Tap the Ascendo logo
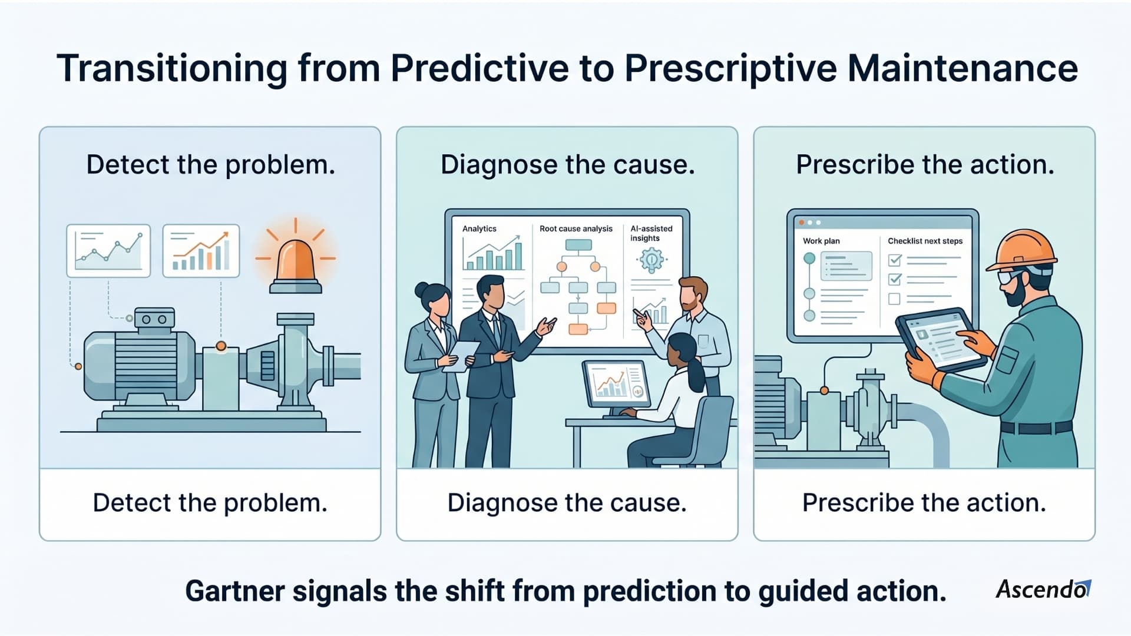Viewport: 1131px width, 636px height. pyautogui.click(x=1043, y=589)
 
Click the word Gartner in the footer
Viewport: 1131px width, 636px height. pyautogui.click(x=234, y=591)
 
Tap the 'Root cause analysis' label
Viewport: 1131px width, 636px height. pyautogui.click(x=576, y=228)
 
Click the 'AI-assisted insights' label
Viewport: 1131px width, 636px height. pyautogui.click(x=651, y=233)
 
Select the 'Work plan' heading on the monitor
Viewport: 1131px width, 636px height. pyautogui.click(x=821, y=241)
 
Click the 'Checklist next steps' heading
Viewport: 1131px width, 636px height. pyautogui.click(x=925, y=241)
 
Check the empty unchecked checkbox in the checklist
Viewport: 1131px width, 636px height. pyautogui.click(x=894, y=299)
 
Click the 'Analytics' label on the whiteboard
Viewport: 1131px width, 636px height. pyautogui.click(x=479, y=228)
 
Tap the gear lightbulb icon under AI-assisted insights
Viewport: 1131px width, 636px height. pyautogui.click(x=652, y=260)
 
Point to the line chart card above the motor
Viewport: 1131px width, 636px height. pyautogui.click(x=108, y=250)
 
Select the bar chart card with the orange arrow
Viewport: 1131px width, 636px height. pyautogui.click(x=201, y=250)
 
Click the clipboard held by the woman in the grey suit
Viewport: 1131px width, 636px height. pyautogui.click(x=461, y=356)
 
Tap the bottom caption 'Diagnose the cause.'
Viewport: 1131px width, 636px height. pyautogui.click(x=567, y=503)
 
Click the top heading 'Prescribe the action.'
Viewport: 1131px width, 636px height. pyautogui.click(x=925, y=164)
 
